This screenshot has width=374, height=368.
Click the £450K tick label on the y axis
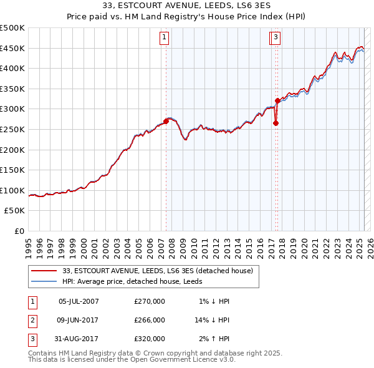click(x=12, y=49)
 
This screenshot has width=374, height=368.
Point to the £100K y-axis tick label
click(x=12, y=190)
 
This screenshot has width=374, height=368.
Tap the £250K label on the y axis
click(x=12, y=129)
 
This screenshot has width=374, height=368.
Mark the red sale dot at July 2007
click(x=166, y=121)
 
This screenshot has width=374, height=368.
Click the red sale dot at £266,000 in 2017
click(x=276, y=123)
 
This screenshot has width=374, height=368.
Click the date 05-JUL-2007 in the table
click(x=79, y=301)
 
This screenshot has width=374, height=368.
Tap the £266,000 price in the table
click(x=150, y=320)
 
